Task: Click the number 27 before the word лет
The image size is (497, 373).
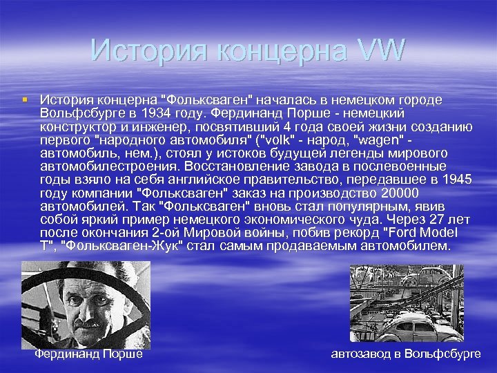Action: coord(436,219)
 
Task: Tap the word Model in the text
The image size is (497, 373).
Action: coord(449,232)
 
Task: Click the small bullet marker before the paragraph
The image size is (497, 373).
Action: coord(26,99)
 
